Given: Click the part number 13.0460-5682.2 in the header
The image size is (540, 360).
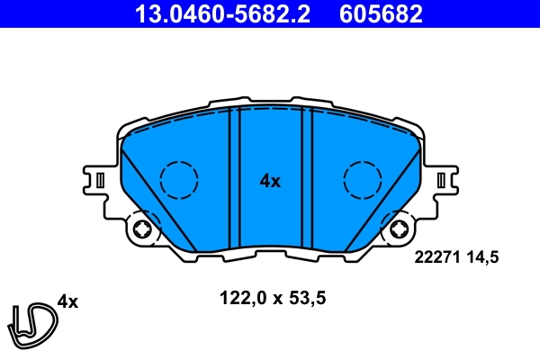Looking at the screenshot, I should [227, 13].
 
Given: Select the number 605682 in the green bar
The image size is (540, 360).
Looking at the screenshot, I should [381, 13].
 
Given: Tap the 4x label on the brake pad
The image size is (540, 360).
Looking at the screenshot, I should [270, 181].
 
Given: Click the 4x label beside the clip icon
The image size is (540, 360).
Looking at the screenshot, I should [67, 301].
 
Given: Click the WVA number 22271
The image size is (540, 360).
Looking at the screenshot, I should [436, 257].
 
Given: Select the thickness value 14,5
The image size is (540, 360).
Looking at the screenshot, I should [481, 257].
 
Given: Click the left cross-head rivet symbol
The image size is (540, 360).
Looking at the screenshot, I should [141, 231].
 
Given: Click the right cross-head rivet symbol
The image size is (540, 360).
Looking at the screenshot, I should [398, 231].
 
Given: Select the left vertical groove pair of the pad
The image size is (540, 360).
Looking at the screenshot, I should [235, 175].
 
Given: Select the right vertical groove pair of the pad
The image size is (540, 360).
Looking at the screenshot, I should [306, 175].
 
